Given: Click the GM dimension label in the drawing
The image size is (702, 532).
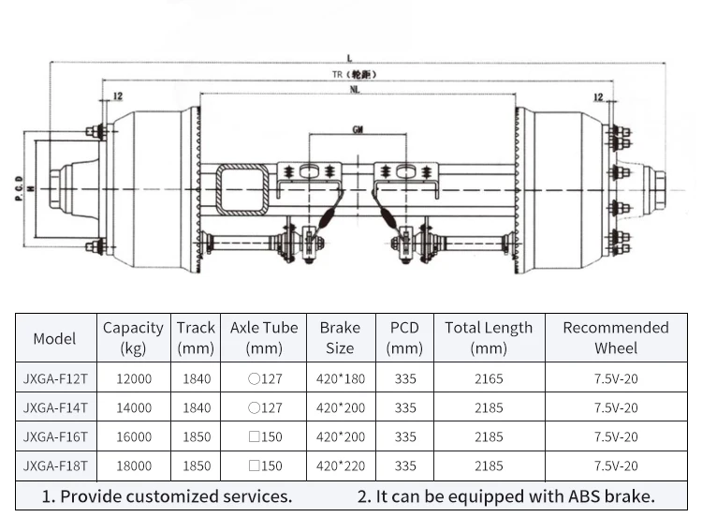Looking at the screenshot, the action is point(358,129).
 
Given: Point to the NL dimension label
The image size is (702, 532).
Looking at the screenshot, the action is point(355,90).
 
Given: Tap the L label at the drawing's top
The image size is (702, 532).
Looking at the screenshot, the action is point(350,58).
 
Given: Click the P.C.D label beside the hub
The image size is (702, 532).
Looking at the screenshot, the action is point(19,188).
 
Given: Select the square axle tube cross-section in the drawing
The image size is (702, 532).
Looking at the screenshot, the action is point(242,189).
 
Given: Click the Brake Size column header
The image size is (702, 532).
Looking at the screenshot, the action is point(340,338).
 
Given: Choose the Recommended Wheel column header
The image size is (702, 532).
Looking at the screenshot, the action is point(616,338).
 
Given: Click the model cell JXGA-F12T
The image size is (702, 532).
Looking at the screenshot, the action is point(55,378).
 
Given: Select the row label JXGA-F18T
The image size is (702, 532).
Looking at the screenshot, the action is point(55,465).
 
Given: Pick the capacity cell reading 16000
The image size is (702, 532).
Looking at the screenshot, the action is point(134,436).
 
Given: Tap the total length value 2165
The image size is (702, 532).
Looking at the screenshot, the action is point(489,378).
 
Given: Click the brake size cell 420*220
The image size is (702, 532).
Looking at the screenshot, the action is point(341,465).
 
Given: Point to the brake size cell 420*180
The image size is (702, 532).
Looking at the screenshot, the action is point(341,378).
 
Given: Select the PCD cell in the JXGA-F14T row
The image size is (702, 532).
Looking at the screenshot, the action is point(405,407).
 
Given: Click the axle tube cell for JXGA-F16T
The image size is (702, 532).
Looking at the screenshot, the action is point(265,436).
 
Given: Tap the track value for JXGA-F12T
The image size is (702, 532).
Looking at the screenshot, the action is point(197,378).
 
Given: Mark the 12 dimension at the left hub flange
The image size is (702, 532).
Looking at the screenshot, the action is point(118,96).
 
